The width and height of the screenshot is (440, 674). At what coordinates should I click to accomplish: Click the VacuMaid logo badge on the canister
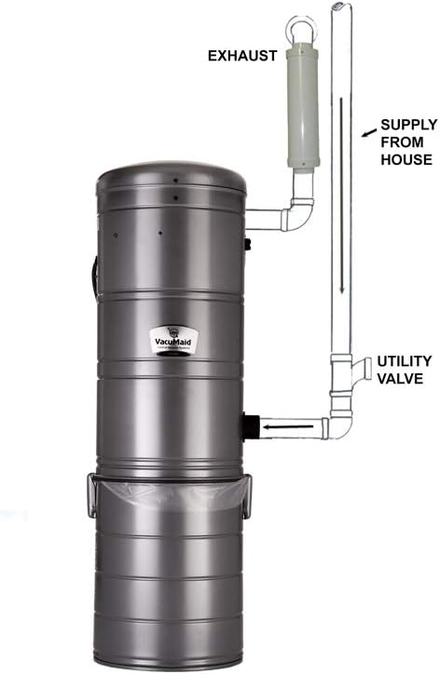pyautogui.click(x=171, y=342)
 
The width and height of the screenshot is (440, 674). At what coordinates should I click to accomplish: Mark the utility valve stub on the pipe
pyautogui.click(x=360, y=367)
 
